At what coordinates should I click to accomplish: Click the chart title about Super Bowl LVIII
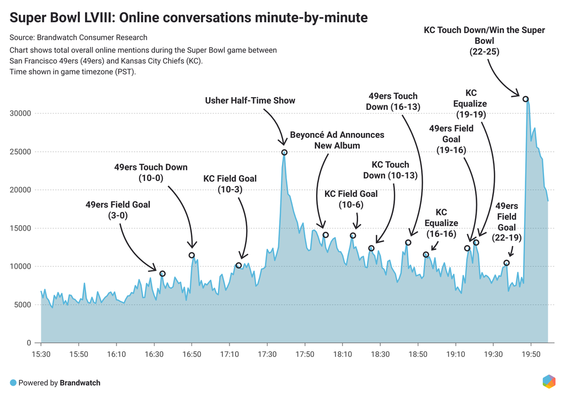[x=189, y=18]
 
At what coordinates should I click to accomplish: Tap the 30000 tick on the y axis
[x=23, y=114]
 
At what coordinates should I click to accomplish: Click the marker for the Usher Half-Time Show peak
[x=284, y=152]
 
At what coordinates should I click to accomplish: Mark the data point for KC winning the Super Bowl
[x=526, y=99]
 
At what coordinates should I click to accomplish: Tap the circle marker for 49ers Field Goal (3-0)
[x=162, y=274]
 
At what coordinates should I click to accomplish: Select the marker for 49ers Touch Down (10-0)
[x=191, y=255]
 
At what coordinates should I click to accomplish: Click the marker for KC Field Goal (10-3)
[x=238, y=265]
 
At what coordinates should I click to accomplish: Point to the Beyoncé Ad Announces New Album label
[x=337, y=140]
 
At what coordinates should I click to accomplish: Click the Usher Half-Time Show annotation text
[x=250, y=100]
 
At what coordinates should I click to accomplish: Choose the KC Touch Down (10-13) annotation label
[x=390, y=170]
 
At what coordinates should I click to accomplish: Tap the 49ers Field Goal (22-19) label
[x=507, y=216]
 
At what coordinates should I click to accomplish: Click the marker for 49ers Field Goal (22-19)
[x=507, y=263]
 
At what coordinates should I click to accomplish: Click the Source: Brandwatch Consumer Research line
[x=78, y=38]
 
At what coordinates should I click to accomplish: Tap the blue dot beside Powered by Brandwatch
[x=13, y=382]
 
